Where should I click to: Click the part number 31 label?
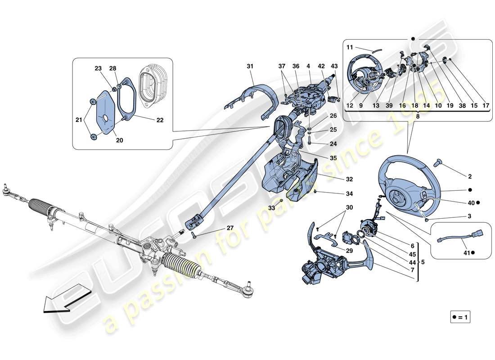250,67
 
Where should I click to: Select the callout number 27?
229,229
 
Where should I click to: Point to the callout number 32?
337,179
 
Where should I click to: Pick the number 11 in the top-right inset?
350,47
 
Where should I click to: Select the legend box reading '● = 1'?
460,317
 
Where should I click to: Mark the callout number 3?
469,217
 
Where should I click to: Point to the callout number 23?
98,69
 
